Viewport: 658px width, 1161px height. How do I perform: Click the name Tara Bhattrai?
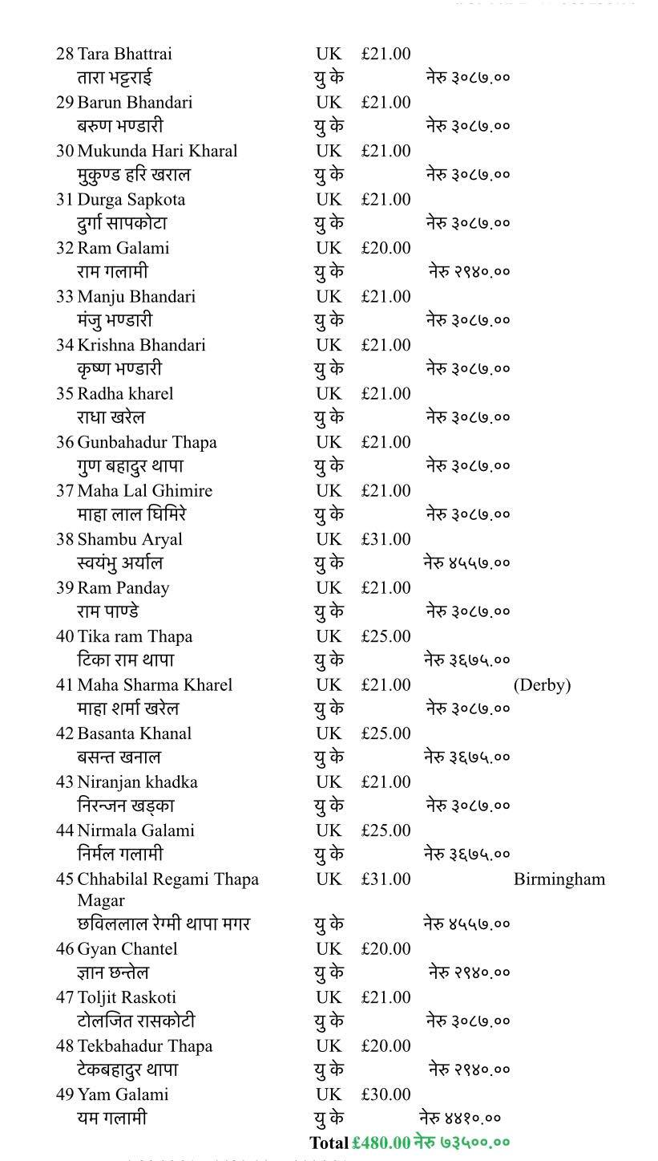click(124, 54)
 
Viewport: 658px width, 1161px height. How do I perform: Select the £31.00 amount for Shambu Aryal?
click(386, 539)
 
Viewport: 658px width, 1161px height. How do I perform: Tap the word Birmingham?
click(559, 879)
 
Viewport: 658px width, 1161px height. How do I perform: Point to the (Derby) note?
click(542, 685)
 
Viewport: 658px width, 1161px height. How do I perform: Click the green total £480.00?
click(381, 1143)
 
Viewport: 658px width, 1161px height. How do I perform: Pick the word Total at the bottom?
click(329, 1143)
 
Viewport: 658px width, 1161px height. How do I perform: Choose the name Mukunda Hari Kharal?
click(157, 151)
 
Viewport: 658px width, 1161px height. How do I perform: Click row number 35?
click(65, 394)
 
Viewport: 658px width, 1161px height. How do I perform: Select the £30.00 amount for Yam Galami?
click(386, 1094)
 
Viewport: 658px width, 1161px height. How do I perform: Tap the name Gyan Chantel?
click(127, 949)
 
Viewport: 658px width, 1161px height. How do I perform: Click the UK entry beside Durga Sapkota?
click(328, 200)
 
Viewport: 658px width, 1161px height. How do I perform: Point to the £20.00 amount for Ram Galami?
click(386, 248)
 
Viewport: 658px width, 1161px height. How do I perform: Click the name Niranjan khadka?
click(137, 782)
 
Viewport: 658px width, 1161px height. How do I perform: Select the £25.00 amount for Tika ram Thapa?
click(386, 636)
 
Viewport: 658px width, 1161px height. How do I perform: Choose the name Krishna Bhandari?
click(141, 345)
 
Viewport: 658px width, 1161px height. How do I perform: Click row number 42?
click(65, 733)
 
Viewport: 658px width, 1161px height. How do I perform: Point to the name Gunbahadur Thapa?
click(147, 442)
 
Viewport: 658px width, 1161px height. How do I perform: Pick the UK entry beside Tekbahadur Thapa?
click(328, 1046)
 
